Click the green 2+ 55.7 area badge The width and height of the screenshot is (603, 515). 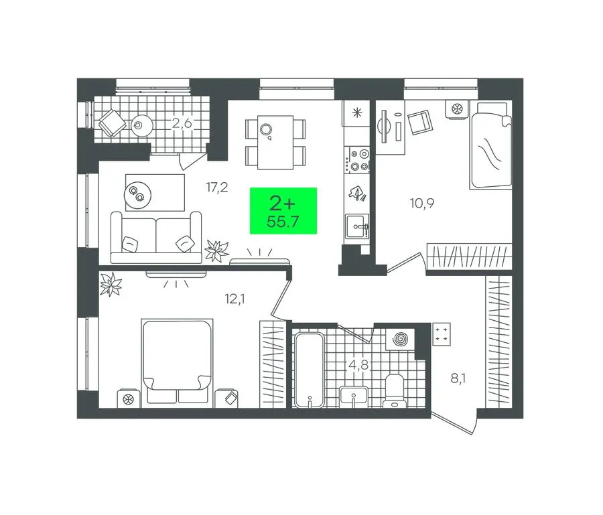[x=283, y=210]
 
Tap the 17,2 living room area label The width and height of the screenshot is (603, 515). [x=217, y=188]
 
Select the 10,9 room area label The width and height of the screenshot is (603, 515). [x=422, y=203]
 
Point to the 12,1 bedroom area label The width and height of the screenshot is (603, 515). [x=235, y=299]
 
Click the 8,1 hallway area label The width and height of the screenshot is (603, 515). [x=458, y=379]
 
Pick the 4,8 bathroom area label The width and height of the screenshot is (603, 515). [x=358, y=365]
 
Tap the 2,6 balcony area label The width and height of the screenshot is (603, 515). [x=182, y=123]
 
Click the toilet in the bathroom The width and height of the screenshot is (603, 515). [x=395, y=390]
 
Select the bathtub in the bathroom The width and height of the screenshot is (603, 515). [x=309, y=370]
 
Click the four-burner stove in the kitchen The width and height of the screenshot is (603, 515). [x=358, y=160]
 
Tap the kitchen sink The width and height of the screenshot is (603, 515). [x=357, y=226]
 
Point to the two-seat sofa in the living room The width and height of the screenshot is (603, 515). [x=156, y=238]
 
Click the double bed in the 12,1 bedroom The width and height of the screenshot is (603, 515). [x=177, y=363]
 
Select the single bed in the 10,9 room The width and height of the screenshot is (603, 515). [x=490, y=145]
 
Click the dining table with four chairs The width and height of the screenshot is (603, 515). [x=275, y=142]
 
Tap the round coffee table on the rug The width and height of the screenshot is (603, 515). [x=137, y=196]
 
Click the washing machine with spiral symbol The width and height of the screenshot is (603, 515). [x=400, y=340]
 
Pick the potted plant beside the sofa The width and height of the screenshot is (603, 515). [x=216, y=250]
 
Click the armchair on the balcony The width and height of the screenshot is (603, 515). [x=113, y=122]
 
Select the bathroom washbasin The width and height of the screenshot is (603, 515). [x=354, y=396]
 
